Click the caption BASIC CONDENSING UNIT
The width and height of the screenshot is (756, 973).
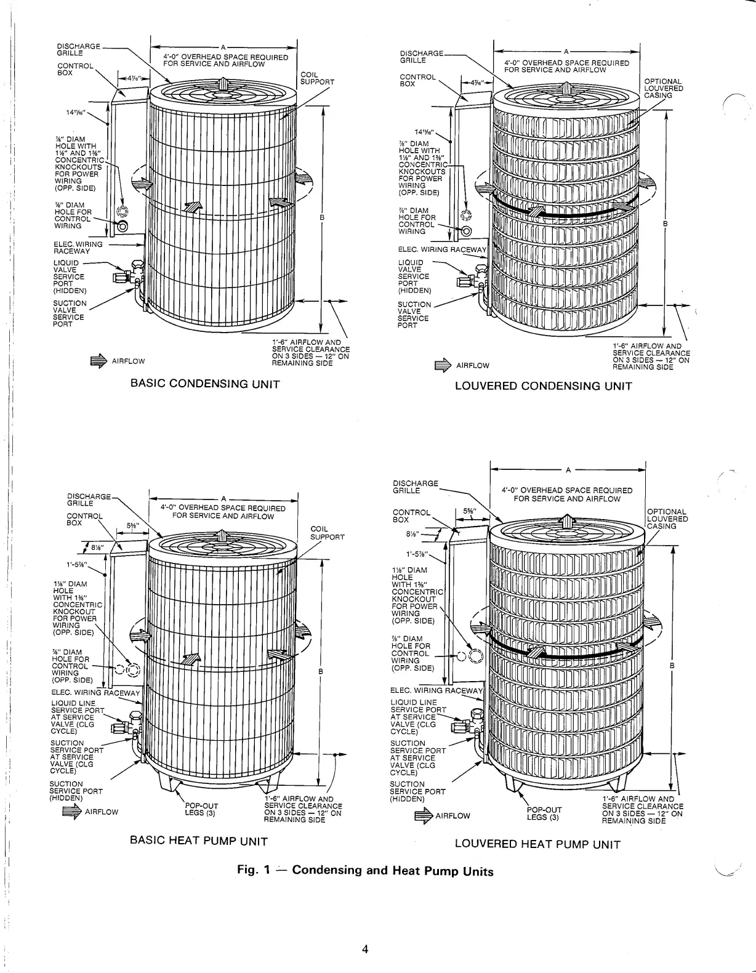click(205, 384)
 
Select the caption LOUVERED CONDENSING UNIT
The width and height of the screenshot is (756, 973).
click(543, 386)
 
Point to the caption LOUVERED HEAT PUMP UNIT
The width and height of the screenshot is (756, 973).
click(537, 844)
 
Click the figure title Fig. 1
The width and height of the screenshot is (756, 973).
click(365, 871)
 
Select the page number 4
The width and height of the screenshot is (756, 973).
click(365, 949)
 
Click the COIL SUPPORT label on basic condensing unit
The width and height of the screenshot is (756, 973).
click(316, 78)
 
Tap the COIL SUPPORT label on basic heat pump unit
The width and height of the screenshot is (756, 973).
click(327, 533)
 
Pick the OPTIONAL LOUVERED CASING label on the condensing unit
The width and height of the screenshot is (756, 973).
click(663, 88)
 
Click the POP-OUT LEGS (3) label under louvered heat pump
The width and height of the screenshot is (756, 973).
click(544, 814)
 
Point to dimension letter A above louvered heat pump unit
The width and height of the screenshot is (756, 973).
click(568, 470)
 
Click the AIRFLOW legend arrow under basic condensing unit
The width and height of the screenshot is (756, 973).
click(99, 361)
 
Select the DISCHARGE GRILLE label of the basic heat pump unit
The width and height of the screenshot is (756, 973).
click(89, 499)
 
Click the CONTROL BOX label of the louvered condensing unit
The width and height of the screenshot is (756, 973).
click(417, 80)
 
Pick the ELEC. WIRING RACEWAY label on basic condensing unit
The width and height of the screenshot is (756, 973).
click(78, 248)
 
